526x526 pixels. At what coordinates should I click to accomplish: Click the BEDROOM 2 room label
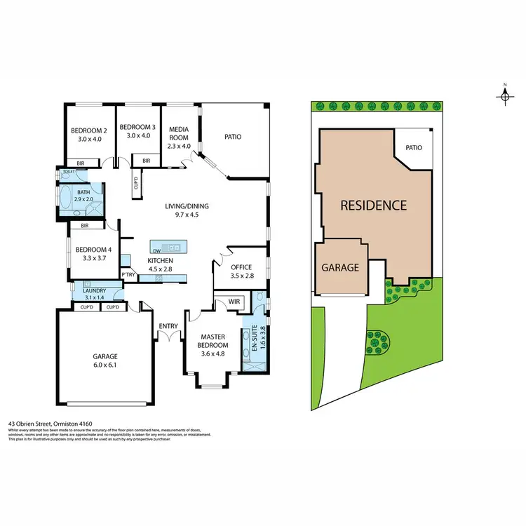[x=88, y=130]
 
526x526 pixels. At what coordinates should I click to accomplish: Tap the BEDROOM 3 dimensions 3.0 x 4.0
[x=137, y=136]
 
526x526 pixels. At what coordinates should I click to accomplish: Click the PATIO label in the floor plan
[x=233, y=137]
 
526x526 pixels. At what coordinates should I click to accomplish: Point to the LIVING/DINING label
[x=187, y=206]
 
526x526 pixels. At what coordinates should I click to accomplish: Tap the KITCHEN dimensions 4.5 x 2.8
[x=159, y=269]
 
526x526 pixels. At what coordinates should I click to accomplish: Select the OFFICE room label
[x=242, y=267]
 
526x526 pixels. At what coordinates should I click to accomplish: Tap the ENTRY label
[x=168, y=325]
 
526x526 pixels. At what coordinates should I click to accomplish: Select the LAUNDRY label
[x=94, y=291]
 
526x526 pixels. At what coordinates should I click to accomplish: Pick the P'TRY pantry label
[x=128, y=274]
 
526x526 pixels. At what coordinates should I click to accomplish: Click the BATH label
[x=83, y=193]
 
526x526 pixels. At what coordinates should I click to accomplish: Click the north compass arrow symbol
[x=505, y=95]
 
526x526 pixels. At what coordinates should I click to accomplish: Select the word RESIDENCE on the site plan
[x=373, y=205]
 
